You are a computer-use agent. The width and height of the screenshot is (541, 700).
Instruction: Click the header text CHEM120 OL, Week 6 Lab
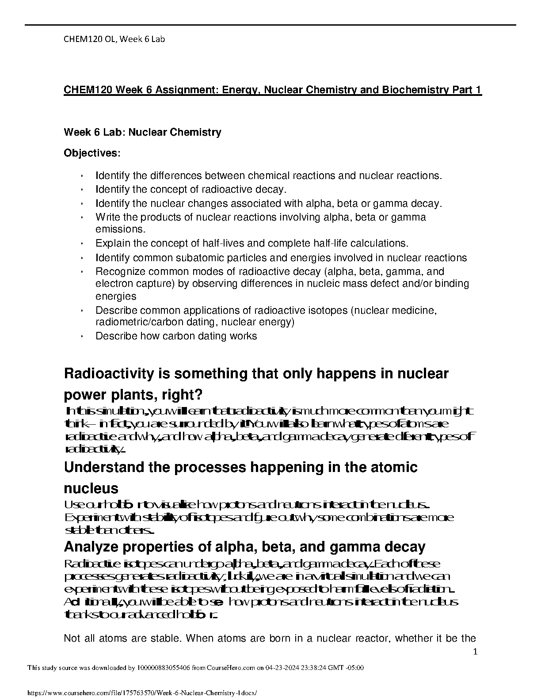pos(114,39)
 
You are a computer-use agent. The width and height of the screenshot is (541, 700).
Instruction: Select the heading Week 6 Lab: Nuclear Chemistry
pos(142,132)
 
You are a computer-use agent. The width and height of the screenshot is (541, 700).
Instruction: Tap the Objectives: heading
pos(92,153)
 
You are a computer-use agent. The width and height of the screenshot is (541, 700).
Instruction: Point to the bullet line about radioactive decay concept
pos(191,190)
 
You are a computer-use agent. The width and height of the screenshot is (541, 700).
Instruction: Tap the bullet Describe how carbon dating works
pos(176,336)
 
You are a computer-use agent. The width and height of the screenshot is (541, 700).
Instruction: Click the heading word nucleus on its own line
pos(91,488)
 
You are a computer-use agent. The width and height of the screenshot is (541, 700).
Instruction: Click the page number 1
pos(475,651)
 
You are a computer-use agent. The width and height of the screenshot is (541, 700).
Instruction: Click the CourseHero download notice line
pos(195,668)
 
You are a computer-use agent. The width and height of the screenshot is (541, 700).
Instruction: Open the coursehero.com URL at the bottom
pos(142,694)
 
